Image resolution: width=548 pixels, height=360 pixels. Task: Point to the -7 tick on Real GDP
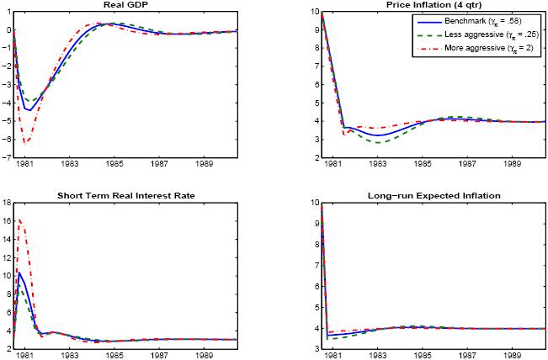(7, 157)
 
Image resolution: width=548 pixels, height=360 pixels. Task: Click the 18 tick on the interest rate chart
(6, 203)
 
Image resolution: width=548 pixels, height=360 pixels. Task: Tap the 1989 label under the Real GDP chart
(203, 166)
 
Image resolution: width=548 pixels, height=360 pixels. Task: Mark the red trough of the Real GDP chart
(25, 143)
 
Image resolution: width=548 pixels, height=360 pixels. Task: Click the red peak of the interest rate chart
(20, 220)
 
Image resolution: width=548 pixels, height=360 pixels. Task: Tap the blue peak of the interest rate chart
(20, 272)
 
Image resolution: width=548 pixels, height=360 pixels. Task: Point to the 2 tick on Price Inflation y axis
(314, 157)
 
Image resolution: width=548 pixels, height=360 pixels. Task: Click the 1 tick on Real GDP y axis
(7, 12)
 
